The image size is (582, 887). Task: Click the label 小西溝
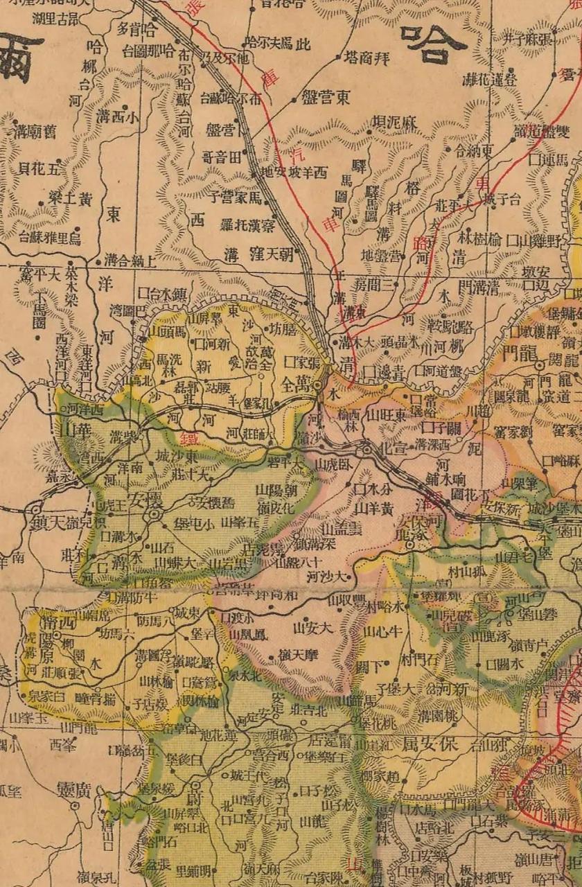[x=118, y=116]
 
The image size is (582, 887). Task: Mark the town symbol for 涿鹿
[x=410, y=545]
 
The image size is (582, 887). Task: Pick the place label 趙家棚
[x=382, y=775]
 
